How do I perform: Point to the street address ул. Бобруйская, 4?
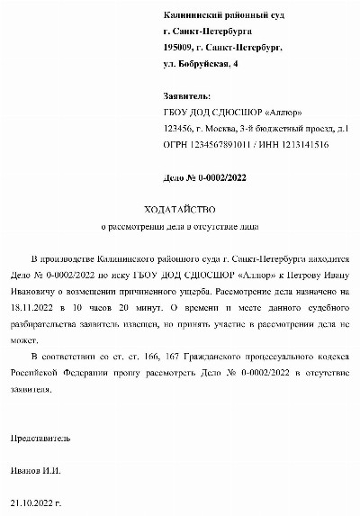coord(202,64)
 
